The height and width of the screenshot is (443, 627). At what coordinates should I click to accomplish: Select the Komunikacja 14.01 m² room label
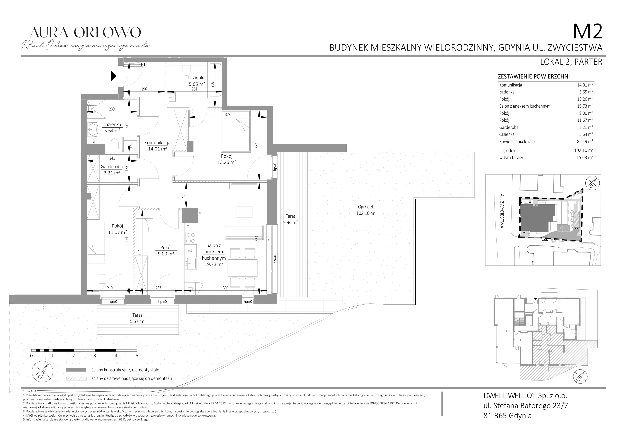(157, 146)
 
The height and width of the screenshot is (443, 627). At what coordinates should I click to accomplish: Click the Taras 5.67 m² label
(137, 318)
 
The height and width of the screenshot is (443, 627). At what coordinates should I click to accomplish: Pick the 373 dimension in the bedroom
(228, 115)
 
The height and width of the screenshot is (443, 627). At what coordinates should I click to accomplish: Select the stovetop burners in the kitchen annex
(190, 238)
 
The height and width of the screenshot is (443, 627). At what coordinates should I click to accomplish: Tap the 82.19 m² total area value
(585, 141)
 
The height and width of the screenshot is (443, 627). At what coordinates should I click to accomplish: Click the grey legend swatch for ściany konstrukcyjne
(76, 370)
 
